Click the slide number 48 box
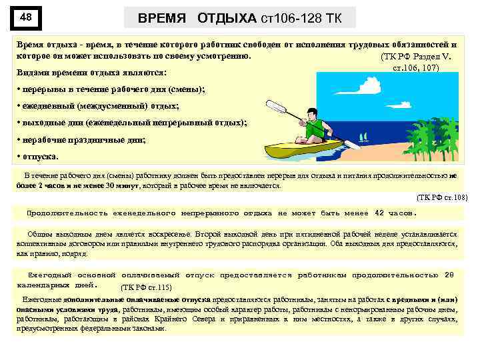27,19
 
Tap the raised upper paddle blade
274,106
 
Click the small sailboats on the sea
364,138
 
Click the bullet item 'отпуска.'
40,157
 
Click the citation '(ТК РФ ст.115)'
146,287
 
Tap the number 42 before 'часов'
379,213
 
